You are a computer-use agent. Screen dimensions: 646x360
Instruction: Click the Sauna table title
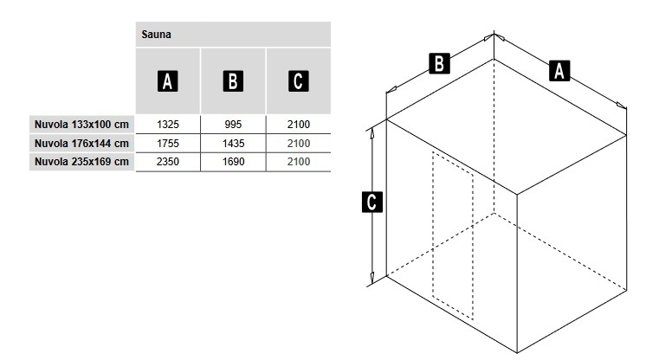coord(156,35)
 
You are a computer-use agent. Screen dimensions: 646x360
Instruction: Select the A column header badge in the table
coord(168,80)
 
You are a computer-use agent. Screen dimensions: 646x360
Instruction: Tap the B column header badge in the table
coord(233,80)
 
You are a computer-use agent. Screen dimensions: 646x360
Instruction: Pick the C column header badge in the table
coord(298,80)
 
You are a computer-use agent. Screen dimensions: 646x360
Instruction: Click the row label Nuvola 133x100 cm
coord(81,125)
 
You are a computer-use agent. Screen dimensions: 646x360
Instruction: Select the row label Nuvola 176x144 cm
coord(81,144)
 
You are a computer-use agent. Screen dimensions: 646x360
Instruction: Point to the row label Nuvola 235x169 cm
coord(81,162)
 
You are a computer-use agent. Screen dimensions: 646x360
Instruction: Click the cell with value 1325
coord(168,125)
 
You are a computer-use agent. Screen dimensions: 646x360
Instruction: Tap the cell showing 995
coord(233,125)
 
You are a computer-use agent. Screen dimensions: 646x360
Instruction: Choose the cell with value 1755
coord(168,144)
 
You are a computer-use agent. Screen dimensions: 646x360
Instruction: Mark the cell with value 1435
coord(234,144)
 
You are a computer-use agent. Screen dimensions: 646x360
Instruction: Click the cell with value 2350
coord(168,162)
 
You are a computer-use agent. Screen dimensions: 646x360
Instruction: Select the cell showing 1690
coord(234,162)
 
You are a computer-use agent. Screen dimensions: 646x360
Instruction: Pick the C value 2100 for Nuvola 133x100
coord(299,125)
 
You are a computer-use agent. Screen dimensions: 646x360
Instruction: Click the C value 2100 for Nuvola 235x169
coord(299,162)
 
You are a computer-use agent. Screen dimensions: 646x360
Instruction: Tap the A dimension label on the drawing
coord(559,70)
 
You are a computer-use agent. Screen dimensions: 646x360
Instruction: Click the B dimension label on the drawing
coord(439,63)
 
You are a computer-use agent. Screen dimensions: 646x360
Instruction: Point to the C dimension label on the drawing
coord(372,202)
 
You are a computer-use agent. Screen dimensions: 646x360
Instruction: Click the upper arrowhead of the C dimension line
coord(372,132)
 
